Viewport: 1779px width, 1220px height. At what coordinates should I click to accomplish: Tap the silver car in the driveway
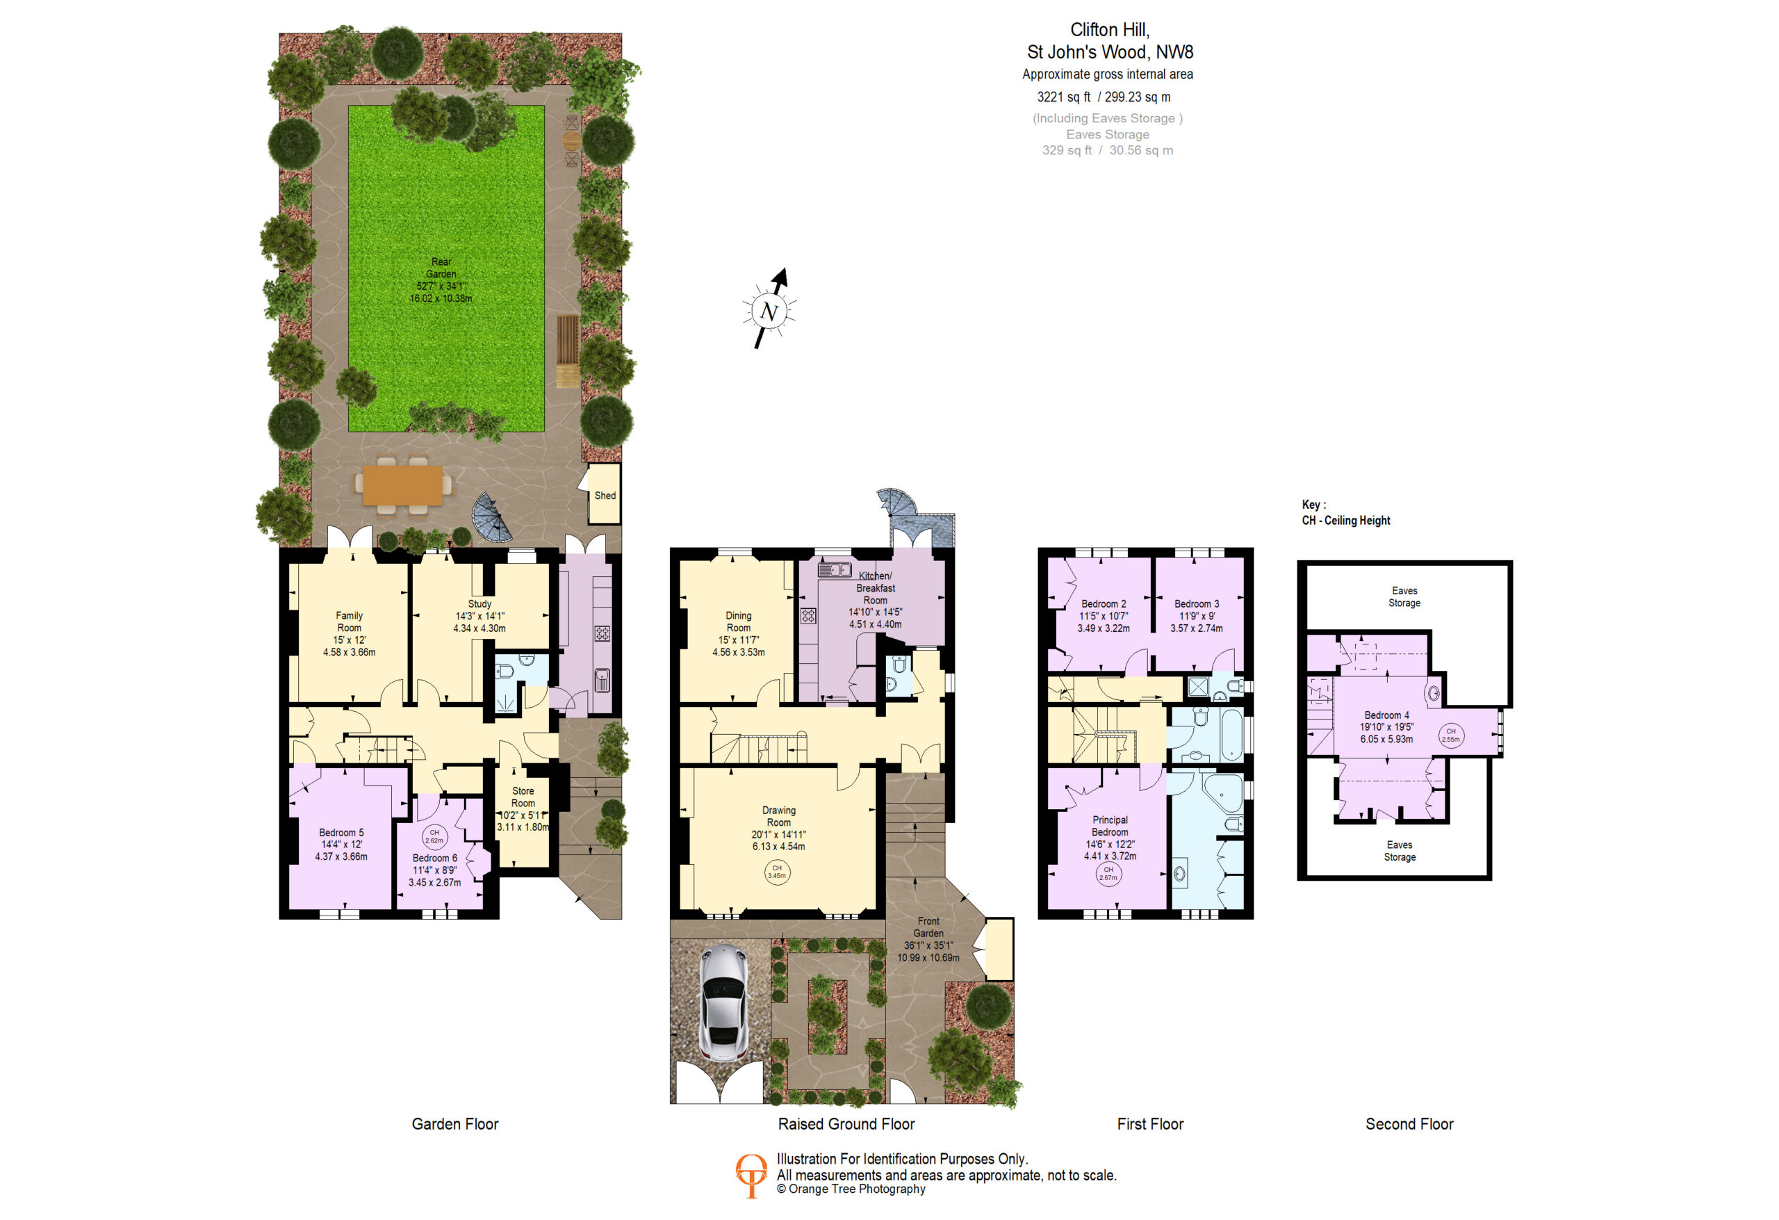tap(723, 1003)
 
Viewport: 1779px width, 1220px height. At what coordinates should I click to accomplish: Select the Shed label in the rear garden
tap(605, 496)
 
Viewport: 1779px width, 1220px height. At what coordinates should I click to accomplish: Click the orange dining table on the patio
tap(402, 485)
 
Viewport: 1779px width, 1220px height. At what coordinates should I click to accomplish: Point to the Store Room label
tap(523, 797)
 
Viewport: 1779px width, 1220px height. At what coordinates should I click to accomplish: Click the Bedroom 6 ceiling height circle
tap(434, 836)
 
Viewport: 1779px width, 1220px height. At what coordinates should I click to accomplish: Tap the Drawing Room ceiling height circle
tap(777, 872)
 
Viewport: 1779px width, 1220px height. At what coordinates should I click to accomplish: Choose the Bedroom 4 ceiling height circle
tap(1450, 735)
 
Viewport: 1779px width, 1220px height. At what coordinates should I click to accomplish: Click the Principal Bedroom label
tap(1110, 826)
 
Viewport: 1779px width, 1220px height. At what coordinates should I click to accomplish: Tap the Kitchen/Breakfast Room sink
tap(835, 570)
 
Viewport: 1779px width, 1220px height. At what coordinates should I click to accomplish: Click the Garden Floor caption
tap(454, 1123)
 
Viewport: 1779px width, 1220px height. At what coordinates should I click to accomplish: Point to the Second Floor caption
tap(1409, 1123)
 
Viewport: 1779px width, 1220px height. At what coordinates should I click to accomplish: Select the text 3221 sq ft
tap(1063, 97)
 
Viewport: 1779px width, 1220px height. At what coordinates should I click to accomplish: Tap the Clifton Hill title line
tap(1110, 30)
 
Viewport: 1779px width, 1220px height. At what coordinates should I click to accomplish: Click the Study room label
tap(479, 603)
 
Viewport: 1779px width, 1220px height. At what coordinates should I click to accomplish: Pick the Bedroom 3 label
tap(1197, 603)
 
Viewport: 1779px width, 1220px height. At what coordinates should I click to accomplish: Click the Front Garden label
tap(928, 927)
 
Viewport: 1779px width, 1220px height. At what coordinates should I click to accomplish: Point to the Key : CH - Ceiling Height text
tap(1346, 512)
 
